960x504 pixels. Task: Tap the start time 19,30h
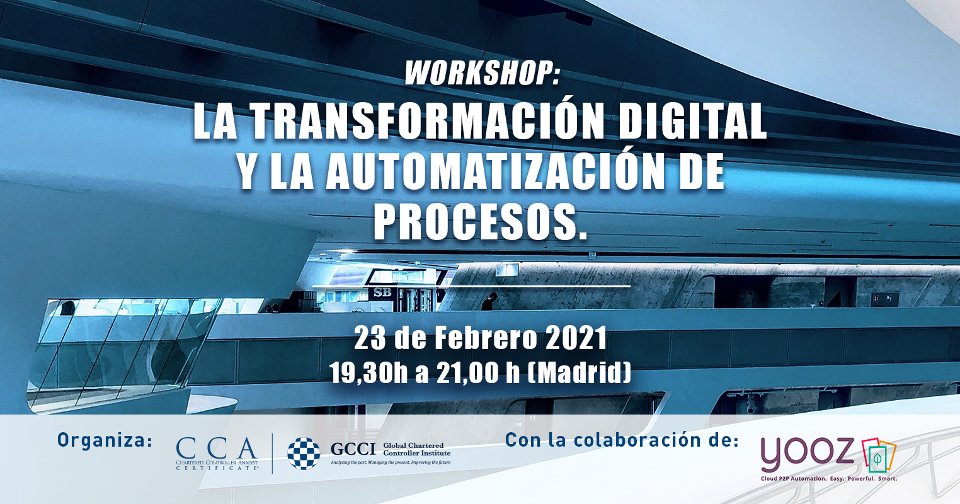369,374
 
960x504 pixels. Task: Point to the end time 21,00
469,374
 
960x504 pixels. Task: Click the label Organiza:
105,440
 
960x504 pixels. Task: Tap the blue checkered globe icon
304,454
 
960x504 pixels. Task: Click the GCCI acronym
353,449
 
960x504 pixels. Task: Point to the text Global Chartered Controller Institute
416,449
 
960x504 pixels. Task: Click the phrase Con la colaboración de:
622,440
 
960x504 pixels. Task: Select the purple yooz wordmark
807,454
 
